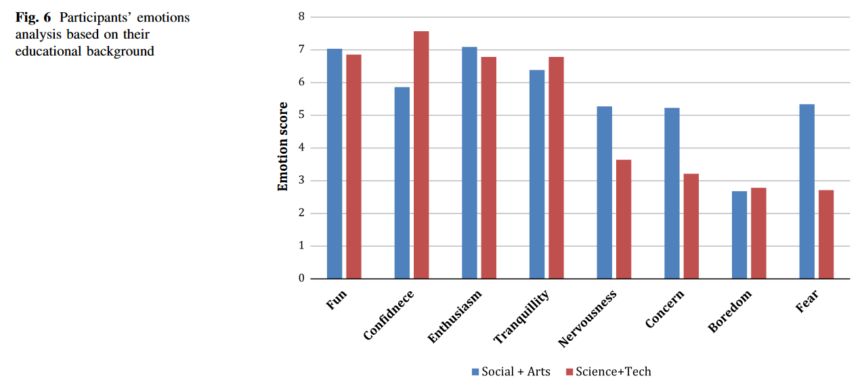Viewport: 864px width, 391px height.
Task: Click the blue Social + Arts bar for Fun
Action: tap(334, 163)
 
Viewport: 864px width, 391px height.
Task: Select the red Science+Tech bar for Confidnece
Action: tap(421, 155)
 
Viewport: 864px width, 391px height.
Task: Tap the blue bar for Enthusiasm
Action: tap(469, 163)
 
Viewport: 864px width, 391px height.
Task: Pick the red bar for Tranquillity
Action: tap(556, 167)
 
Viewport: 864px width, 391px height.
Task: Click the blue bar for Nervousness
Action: tap(605, 192)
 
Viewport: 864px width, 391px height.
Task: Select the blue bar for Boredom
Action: tap(739, 234)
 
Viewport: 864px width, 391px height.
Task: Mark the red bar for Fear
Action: tap(826, 234)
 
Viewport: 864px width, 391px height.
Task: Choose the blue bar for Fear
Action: tap(807, 191)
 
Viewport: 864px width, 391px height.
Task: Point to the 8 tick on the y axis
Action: tap(301, 17)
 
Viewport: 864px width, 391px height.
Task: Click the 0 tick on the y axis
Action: tap(301, 279)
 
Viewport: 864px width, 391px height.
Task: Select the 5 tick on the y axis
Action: tap(301, 115)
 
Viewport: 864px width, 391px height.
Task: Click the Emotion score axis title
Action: tap(283, 146)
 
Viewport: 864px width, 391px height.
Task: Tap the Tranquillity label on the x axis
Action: tap(521, 316)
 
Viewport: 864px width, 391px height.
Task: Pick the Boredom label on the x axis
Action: tap(730, 311)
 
